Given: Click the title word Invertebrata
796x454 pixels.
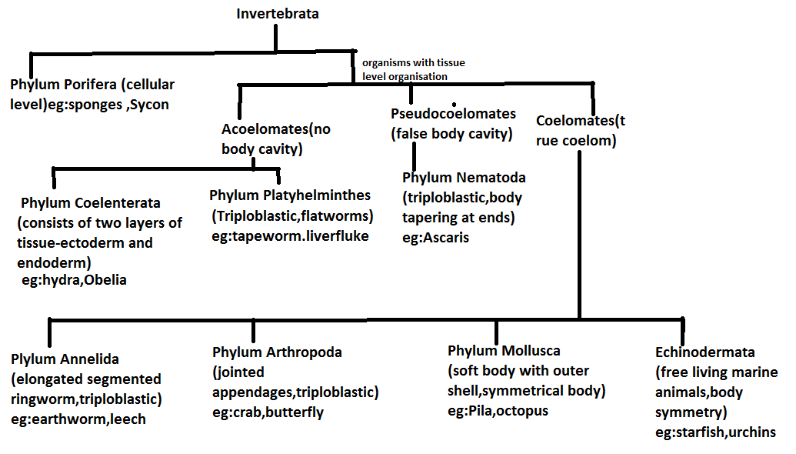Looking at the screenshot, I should coord(277,13).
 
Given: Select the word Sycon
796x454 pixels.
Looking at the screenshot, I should coord(149,104).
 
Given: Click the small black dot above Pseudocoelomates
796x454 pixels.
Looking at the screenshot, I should coord(455,104).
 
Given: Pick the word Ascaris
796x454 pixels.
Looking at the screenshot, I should coord(446,238).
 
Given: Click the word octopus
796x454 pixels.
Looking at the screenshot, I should coord(522,411).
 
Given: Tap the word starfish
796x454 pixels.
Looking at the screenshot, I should coord(701,432).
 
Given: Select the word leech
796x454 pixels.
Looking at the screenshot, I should coord(128,419).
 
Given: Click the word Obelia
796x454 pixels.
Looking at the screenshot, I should coord(105,280).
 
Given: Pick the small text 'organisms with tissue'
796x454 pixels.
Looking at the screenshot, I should coord(413,63).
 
